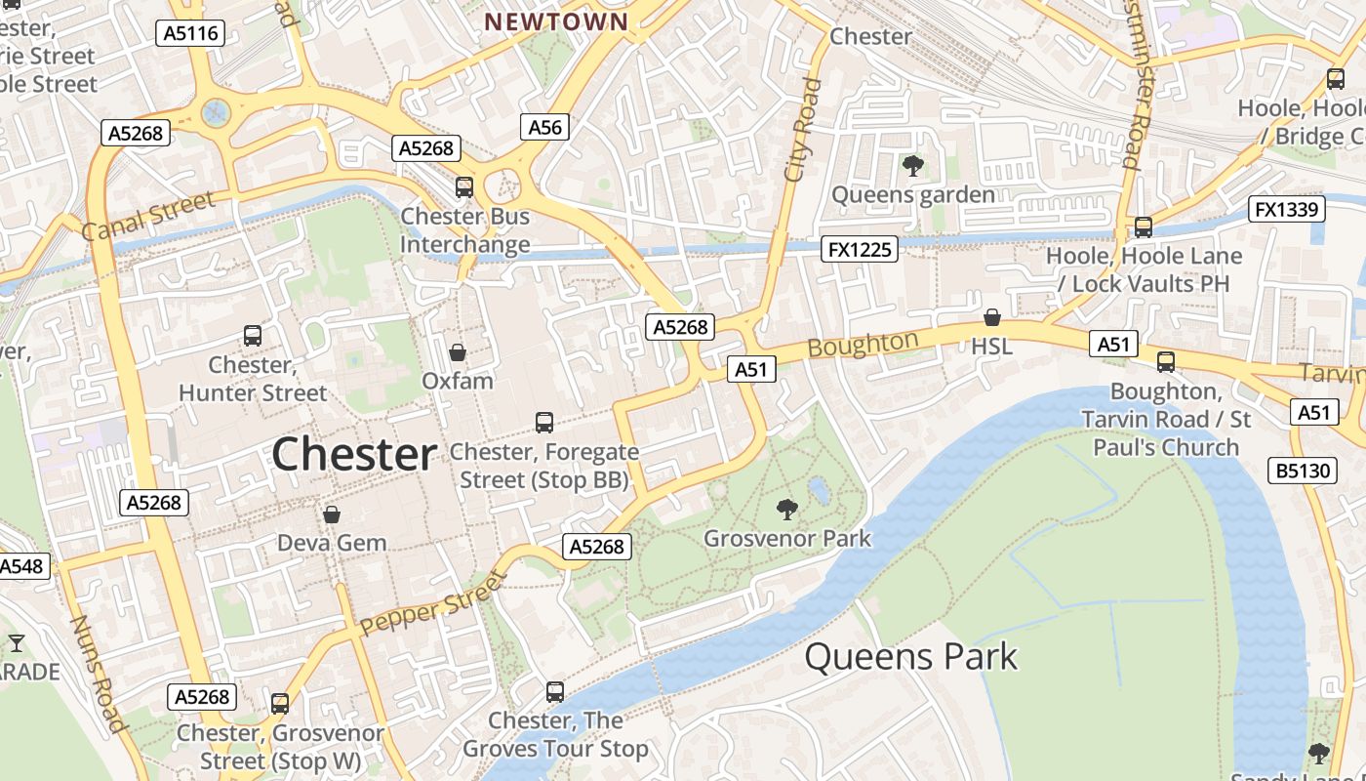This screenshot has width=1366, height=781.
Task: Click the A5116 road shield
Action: (x=191, y=33)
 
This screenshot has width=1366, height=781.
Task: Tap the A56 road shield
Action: (x=545, y=126)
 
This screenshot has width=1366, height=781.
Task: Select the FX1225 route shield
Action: (x=860, y=249)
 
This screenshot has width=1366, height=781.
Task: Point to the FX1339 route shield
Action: (x=1286, y=209)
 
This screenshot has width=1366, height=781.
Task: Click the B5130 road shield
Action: (x=1304, y=471)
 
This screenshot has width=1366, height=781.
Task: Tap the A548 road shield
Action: (x=21, y=566)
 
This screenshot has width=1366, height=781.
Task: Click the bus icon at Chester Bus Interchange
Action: (x=464, y=186)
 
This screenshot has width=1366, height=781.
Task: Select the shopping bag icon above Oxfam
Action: (x=457, y=351)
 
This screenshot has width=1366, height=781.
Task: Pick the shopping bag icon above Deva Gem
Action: (x=332, y=514)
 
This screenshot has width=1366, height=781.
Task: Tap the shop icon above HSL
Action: (x=991, y=317)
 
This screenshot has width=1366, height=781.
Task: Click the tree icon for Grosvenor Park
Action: (x=786, y=509)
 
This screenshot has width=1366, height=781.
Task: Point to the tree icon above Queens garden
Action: (x=912, y=165)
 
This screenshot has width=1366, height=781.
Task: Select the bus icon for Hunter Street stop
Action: (x=253, y=336)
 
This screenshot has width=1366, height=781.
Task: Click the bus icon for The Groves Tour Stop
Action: (x=555, y=691)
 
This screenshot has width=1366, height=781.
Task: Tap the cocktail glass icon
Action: (x=17, y=642)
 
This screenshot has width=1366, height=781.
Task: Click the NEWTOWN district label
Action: (x=557, y=21)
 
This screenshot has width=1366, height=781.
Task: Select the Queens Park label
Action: (x=910, y=657)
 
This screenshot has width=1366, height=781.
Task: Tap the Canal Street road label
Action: (x=148, y=216)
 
